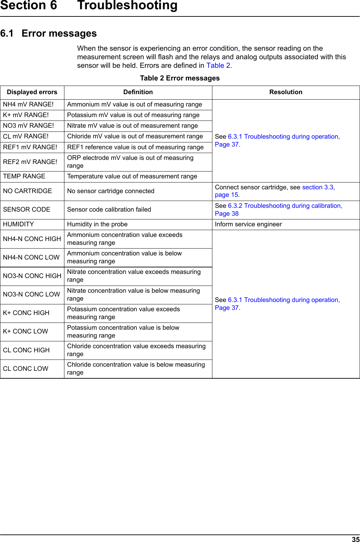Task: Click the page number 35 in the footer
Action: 356,539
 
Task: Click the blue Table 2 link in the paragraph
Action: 218,65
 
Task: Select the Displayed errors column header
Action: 32,92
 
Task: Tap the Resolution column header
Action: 286,92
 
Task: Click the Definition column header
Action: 138,92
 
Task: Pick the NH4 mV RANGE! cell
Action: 28,104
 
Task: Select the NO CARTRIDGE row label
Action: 27,191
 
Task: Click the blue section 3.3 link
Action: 318,187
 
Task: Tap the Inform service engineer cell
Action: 248,224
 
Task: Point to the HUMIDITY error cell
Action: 18,224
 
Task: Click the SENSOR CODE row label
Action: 26,210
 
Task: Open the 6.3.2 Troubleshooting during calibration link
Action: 285,206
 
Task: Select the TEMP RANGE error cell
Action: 24,176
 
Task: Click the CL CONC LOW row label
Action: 26,369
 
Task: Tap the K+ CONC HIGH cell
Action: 26,313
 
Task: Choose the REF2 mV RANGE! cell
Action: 30,162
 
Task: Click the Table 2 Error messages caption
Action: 180,78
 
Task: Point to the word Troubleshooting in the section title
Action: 127,5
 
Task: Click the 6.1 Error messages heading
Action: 49,34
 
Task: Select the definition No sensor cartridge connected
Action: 111,191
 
